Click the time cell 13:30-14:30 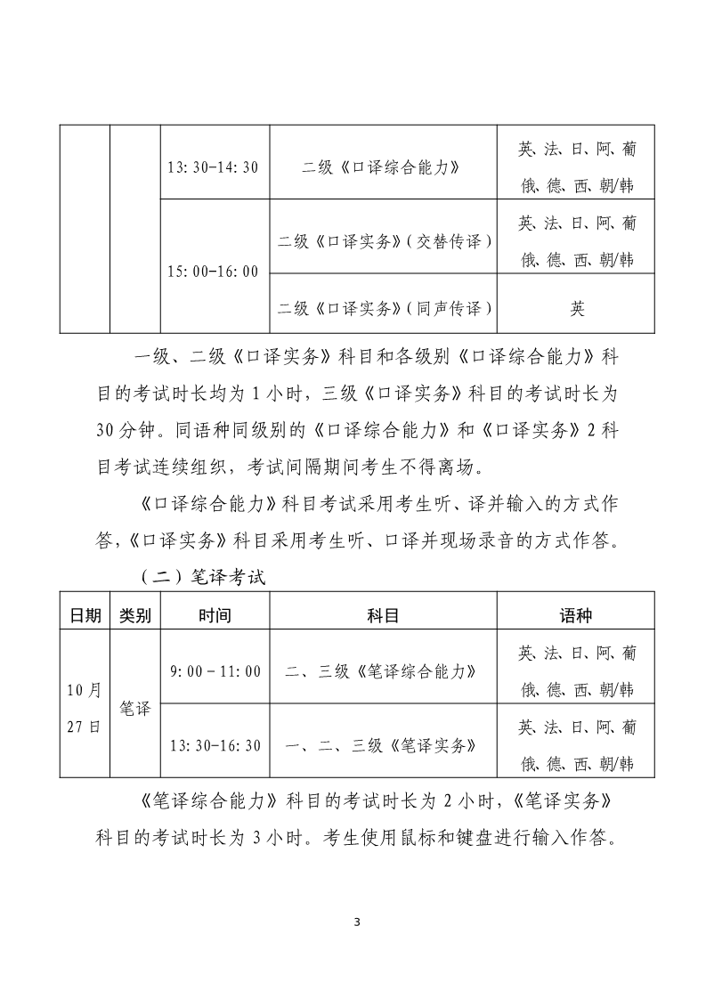(x=214, y=166)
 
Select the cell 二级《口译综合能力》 (x=382, y=166)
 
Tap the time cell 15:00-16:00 (x=214, y=271)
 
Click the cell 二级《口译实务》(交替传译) (x=384, y=240)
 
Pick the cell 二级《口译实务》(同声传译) (x=384, y=309)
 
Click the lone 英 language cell (x=577, y=309)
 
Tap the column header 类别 (x=135, y=615)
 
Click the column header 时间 (x=215, y=615)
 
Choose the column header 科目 (x=383, y=615)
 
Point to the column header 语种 (x=576, y=615)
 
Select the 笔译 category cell (x=135, y=708)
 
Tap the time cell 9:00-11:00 (x=215, y=670)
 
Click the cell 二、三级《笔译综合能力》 (x=383, y=670)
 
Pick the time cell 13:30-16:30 (x=215, y=744)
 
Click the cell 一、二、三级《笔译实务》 (x=383, y=744)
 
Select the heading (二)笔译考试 (x=203, y=576)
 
